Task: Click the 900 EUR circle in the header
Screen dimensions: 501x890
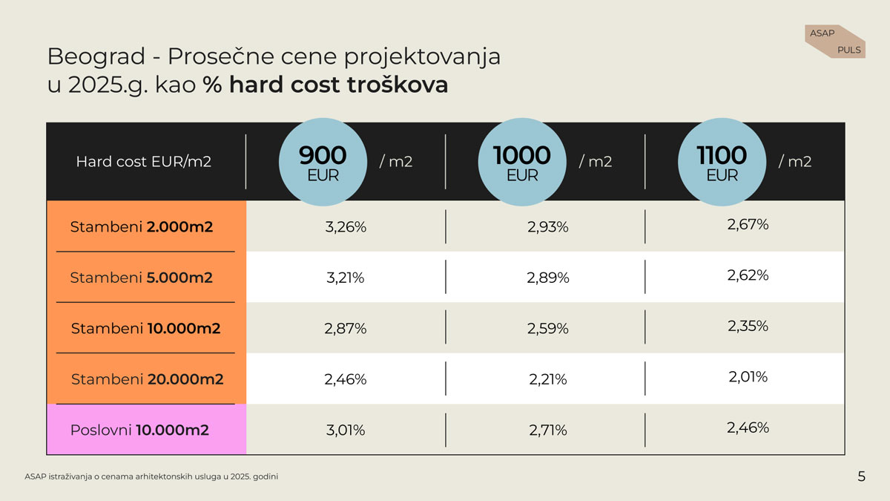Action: (322, 162)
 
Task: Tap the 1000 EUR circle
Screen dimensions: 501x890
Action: (522, 162)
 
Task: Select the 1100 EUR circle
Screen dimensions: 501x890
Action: (722, 162)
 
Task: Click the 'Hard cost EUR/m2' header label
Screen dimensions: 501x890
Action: (143, 161)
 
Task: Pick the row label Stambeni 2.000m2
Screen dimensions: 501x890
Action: (141, 227)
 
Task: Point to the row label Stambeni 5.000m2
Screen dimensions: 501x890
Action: (141, 278)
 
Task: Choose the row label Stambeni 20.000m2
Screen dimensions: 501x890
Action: (147, 379)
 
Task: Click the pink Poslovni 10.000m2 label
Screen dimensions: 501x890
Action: (139, 430)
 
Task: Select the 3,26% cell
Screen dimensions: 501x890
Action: (346, 227)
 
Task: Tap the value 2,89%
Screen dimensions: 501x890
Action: (548, 278)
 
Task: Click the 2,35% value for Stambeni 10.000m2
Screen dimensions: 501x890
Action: (748, 326)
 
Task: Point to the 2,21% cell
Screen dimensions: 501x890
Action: (548, 379)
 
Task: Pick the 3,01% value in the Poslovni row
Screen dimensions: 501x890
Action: (346, 430)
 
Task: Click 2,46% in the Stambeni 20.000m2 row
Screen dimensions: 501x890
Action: (346, 379)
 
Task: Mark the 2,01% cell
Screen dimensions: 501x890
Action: (748, 377)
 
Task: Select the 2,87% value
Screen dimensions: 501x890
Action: (346, 328)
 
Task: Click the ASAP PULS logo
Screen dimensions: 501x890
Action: (834, 42)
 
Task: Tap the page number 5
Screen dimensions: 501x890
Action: (861, 477)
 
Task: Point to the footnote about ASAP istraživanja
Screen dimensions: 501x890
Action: (151, 476)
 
